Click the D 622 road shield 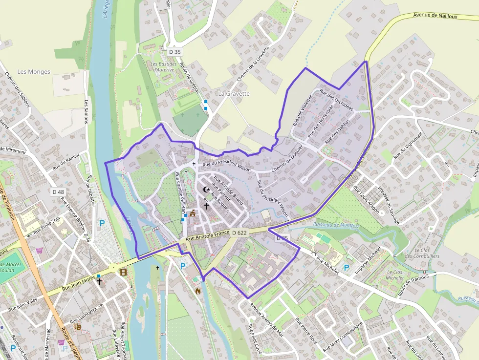coord(239,233)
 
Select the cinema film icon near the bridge coord(123,272)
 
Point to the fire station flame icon coord(198,291)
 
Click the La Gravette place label coord(234,93)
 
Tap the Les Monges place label coord(34,72)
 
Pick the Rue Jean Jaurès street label coord(78,285)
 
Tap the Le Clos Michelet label coord(394,275)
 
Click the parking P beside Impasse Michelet coord(347,268)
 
